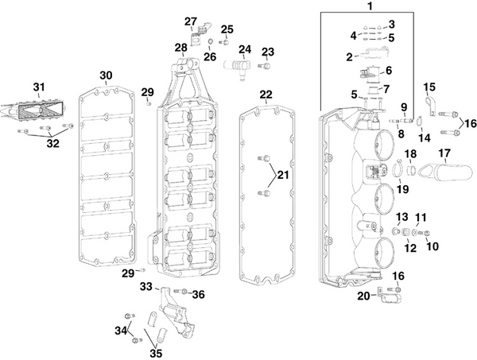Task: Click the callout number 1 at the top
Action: click(368, 6)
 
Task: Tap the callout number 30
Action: click(106, 75)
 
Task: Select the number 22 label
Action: click(266, 95)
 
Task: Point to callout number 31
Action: click(39, 87)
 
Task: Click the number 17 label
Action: click(444, 153)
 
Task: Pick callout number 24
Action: click(244, 49)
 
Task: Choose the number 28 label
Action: click(181, 48)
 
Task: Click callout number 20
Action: click(363, 296)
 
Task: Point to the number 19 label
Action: click(403, 188)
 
